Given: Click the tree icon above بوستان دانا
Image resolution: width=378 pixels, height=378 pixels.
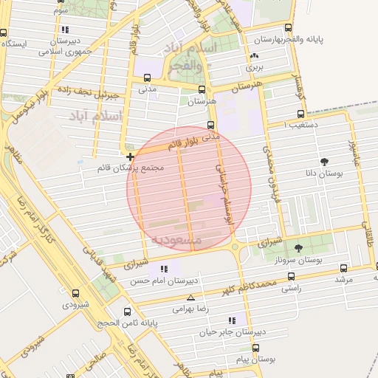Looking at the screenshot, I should point(324,161).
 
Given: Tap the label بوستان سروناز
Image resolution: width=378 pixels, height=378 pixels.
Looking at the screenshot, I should point(303,261).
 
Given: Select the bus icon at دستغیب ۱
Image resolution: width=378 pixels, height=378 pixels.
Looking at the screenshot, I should point(300,114).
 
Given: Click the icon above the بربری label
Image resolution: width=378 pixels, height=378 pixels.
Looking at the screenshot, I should point(255,56).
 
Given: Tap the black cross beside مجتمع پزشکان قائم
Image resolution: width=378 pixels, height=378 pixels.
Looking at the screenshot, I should point(130,157).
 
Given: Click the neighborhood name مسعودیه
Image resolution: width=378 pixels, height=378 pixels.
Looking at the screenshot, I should point(177,240).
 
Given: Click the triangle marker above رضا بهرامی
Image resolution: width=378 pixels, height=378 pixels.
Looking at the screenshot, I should point(191,298).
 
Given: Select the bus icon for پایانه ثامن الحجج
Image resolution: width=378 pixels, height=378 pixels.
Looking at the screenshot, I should point(128,312).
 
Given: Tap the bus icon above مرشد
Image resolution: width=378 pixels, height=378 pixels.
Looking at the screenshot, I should point(343,268).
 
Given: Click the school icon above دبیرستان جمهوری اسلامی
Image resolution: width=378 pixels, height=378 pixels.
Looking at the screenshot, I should point(66,30).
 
